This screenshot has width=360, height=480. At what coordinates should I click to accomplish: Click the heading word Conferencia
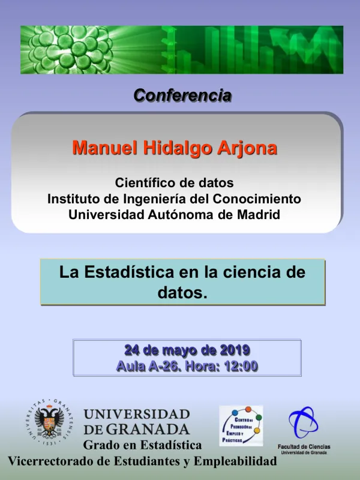(x=182, y=95)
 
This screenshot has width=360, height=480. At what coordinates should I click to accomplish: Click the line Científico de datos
(x=174, y=182)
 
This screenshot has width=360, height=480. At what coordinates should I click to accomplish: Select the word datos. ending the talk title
(x=182, y=292)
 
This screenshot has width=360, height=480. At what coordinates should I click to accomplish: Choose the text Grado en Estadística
(x=142, y=445)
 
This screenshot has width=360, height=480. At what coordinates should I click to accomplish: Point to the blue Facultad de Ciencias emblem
(x=302, y=424)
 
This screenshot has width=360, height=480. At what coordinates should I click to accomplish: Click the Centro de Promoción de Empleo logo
(x=240, y=425)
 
